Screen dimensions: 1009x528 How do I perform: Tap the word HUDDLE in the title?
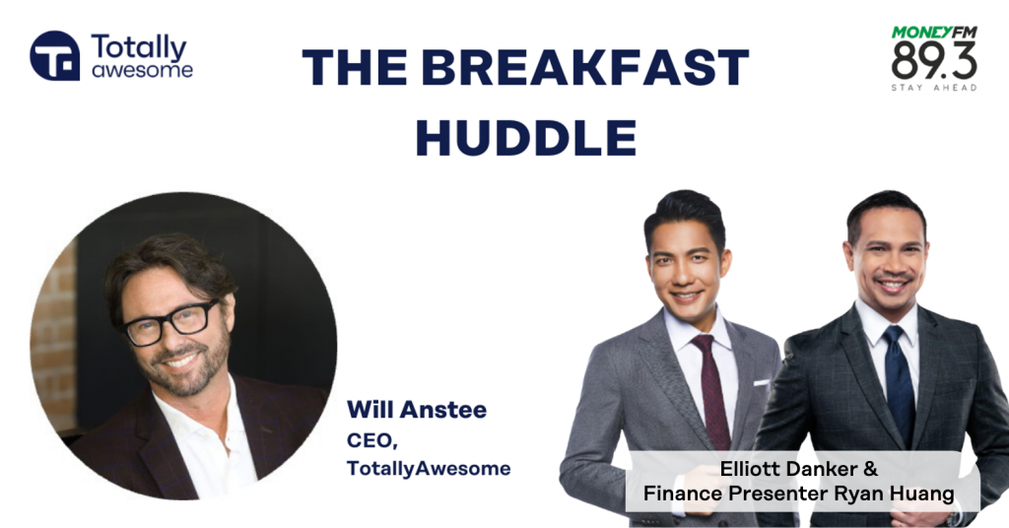click(526, 137)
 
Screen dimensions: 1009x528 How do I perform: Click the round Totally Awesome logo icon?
click(55, 56)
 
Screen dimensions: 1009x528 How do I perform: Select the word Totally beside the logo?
click(138, 48)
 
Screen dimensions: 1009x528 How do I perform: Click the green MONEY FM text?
click(934, 33)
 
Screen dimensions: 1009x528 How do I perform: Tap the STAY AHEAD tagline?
click(934, 87)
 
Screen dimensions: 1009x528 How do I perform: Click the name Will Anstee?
click(417, 410)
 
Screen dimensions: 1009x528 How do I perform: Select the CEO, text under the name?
click(371, 440)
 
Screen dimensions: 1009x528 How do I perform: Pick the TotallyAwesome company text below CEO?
click(429, 468)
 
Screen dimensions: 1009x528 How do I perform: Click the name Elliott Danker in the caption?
click(789, 469)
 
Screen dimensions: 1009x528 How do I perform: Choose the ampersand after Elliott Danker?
click(871, 469)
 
